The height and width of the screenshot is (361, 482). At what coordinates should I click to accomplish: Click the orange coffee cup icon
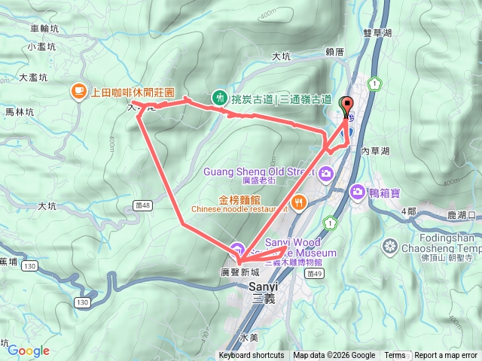[78, 91]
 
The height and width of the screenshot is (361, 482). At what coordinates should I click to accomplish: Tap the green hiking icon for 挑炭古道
[219, 97]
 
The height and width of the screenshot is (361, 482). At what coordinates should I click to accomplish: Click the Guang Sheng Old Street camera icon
[326, 174]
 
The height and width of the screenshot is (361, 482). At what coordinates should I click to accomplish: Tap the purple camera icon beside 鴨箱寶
[355, 191]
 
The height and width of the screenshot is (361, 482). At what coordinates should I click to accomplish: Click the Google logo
[29, 350]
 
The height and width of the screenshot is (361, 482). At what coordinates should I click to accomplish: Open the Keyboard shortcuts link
[252, 356]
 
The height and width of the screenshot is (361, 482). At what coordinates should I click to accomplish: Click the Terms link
[395, 356]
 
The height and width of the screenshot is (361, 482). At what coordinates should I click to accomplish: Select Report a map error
[446, 356]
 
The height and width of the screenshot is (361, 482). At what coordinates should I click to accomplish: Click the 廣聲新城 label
[239, 272]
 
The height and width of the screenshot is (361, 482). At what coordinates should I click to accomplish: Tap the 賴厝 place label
[334, 52]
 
